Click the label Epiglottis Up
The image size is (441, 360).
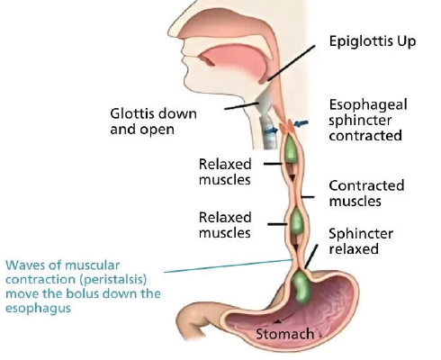click(x=373, y=42)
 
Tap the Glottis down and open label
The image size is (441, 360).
click(x=153, y=121)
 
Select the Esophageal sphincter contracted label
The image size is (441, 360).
click(x=368, y=120)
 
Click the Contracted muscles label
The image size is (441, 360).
click(x=366, y=193)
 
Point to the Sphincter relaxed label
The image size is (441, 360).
click(x=361, y=241)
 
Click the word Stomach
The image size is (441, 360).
click(x=284, y=334)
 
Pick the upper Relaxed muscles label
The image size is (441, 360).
click(x=225, y=172)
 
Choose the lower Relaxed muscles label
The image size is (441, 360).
click(x=225, y=225)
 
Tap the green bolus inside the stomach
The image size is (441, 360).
click(x=301, y=286)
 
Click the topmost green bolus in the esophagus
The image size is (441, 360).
click(x=291, y=149)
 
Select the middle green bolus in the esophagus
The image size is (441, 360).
click(x=297, y=221)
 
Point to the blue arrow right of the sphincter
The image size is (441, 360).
click(x=301, y=123)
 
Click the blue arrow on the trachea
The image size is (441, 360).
click(x=271, y=130)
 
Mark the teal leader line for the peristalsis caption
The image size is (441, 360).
click(x=229, y=265)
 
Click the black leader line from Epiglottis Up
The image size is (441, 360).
click(x=291, y=63)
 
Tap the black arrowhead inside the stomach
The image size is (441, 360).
click(x=277, y=321)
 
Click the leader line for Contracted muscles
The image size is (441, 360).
click(x=308, y=197)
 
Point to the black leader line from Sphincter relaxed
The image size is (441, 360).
click(x=311, y=256)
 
